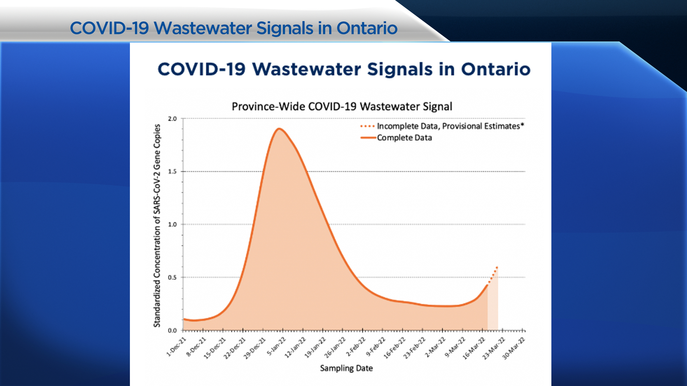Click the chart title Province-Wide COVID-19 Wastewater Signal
(x=342, y=107)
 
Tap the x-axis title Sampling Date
(x=346, y=368)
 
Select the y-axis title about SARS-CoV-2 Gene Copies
(x=157, y=225)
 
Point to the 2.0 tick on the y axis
(x=172, y=119)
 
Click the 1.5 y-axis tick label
(x=172, y=172)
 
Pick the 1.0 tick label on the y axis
(x=172, y=224)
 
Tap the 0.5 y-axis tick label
(x=172, y=277)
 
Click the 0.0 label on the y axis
(x=172, y=331)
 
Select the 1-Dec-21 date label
(x=177, y=347)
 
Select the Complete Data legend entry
(x=404, y=138)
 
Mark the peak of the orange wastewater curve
(x=279, y=129)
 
